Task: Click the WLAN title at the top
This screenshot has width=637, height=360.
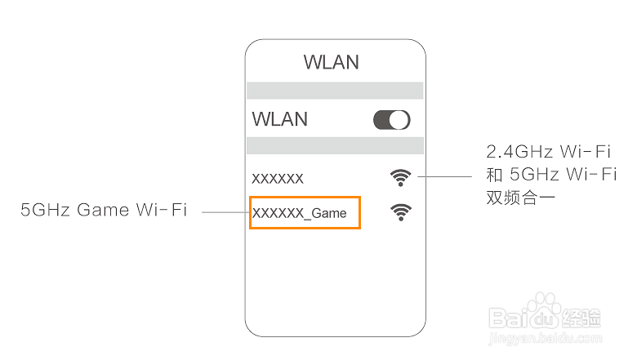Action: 331,63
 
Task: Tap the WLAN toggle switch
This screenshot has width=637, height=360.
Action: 391,120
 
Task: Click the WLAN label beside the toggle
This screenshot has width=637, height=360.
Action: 280,119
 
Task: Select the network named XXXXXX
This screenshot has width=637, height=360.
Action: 278,178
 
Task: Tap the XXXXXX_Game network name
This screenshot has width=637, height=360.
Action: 300,213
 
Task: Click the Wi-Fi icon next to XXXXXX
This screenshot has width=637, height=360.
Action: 400,176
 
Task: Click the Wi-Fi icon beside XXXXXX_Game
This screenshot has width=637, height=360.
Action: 400,212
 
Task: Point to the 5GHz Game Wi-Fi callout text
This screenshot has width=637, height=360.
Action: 104,211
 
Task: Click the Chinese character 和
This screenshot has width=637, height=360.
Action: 494,174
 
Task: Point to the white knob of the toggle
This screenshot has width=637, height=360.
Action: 399,120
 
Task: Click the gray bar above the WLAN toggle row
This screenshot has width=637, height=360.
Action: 335,91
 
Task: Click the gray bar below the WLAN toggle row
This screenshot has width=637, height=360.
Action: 335,145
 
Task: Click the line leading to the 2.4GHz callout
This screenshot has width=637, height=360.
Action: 445,176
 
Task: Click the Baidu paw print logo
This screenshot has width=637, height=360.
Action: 541,315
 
